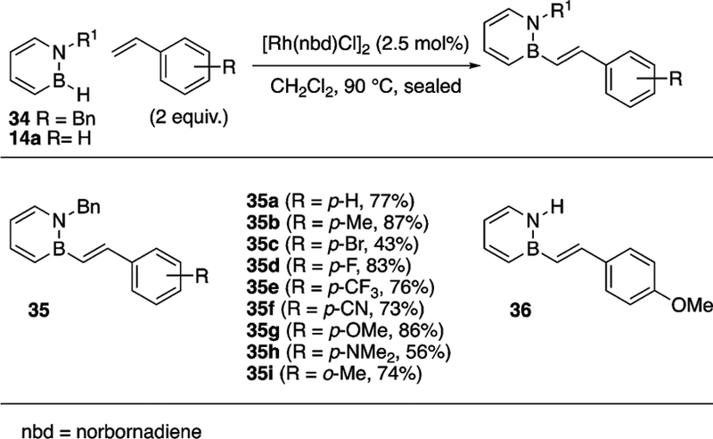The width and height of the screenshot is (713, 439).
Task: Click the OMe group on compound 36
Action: click(696, 307)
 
